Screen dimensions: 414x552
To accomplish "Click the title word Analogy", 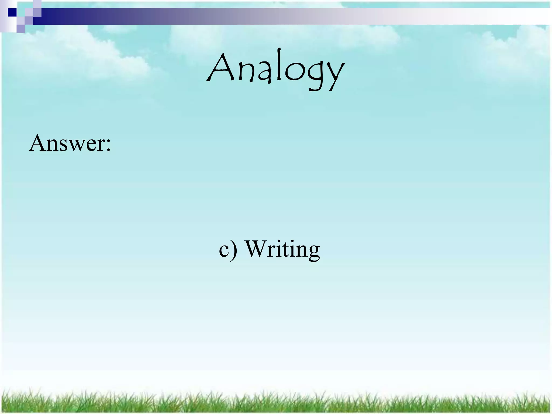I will point(275,70).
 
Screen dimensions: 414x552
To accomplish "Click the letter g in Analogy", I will point(316,75).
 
